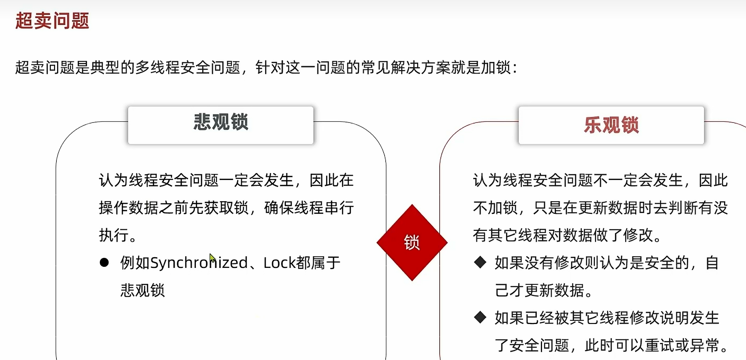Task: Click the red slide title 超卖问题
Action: coord(52,20)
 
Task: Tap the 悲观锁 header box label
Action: coord(221,122)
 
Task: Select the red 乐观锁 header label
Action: coord(611,125)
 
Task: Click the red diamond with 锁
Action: coord(412,242)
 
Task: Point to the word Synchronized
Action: coord(199,263)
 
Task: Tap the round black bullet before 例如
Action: coord(104,263)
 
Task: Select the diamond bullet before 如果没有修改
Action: coord(480,263)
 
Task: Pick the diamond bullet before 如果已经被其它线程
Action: coord(480,317)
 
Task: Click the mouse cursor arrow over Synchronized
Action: coord(212,257)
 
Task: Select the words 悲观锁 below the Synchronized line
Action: coord(143,290)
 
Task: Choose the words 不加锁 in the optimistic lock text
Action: coord(495,208)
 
